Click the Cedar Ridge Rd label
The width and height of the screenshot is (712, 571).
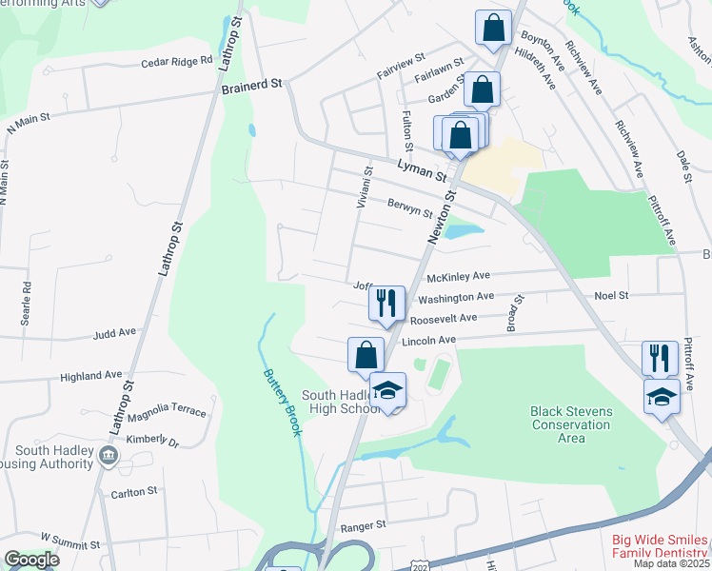click(x=176, y=61)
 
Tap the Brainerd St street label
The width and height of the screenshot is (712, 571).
click(x=252, y=85)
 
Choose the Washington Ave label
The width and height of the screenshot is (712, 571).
click(x=456, y=298)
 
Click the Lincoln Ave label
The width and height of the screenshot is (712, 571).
click(x=429, y=340)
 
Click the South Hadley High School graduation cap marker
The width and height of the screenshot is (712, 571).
click(x=387, y=390)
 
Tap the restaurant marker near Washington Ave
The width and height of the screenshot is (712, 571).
click(x=386, y=303)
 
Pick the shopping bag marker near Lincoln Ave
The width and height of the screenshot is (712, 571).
click(x=366, y=355)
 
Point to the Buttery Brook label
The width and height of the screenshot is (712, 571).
click(x=283, y=401)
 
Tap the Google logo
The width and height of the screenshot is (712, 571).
click(x=31, y=561)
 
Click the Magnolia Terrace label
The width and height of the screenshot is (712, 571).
click(x=166, y=410)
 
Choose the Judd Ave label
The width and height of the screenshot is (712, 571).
click(x=114, y=334)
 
